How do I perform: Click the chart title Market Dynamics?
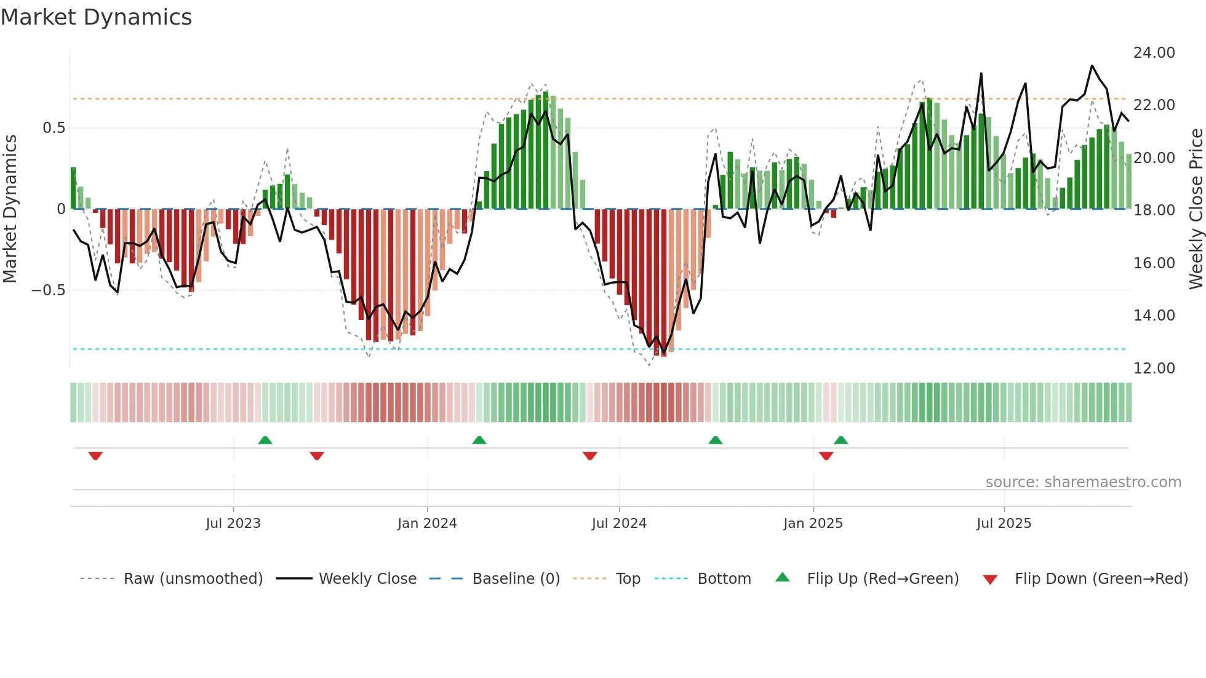pos(96,17)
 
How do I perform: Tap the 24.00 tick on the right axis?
pos(1154,53)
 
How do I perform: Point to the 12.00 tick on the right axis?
pos(1154,369)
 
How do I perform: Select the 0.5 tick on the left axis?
pos(54,128)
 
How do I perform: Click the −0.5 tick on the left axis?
pos(48,290)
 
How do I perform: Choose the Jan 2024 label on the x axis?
pos(427,524)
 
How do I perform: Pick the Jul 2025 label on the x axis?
pos(1004,524)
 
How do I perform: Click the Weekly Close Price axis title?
pos(1196,209)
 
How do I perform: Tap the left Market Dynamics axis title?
pos(10,209)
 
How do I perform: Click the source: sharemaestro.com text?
pos(1083,482)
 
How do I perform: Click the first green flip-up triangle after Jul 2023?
pos(265,441)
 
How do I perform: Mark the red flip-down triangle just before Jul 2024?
pos(589,456)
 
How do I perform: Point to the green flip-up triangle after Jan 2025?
pos(841,441)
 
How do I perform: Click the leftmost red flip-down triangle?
pos(95,456)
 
